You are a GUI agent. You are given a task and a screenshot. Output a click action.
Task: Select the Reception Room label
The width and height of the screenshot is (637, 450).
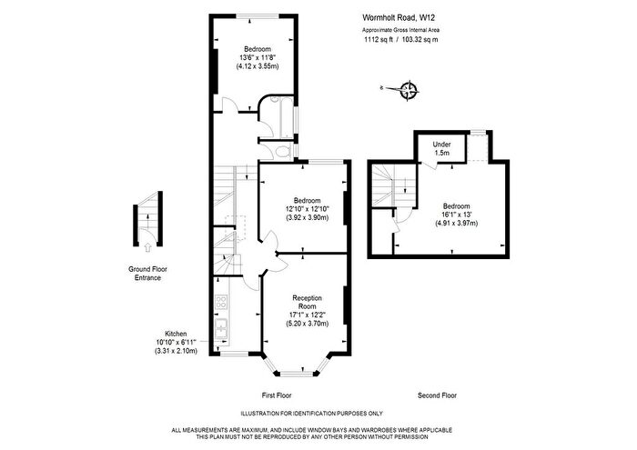pos(306,302)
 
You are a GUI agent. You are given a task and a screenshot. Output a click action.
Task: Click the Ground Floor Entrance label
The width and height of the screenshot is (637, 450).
pos(145,274)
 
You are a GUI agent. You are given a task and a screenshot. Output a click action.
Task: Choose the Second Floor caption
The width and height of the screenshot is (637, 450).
pos(437,395)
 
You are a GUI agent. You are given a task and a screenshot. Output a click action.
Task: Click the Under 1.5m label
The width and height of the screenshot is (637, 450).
pos(442,148)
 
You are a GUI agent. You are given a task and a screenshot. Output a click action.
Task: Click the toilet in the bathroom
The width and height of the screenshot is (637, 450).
pos(282,151)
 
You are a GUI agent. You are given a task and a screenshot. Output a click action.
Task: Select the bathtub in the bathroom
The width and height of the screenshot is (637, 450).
pos(287,118)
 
